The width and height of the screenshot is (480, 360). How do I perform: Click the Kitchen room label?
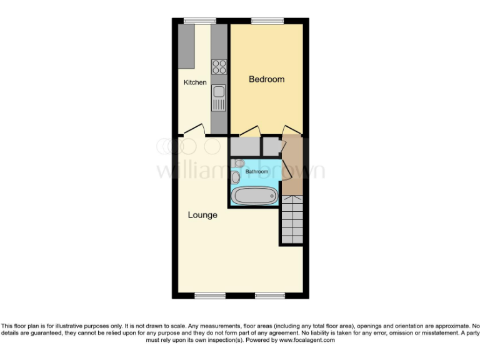[195, 82]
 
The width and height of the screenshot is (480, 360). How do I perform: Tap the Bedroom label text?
[266, 79]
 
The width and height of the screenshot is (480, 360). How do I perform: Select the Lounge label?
[202, 215]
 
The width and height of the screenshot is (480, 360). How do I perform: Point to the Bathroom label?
[256, 171]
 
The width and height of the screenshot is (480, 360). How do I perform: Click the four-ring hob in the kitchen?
[219, 66]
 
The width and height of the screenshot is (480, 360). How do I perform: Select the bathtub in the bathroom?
[254, 196]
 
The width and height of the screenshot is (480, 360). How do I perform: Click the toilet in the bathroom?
[236, 177]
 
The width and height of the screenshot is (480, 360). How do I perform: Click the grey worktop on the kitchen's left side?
[186, 46]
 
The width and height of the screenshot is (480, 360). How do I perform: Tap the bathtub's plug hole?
[272, 196]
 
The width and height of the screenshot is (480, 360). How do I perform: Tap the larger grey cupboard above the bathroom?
[244, 146]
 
